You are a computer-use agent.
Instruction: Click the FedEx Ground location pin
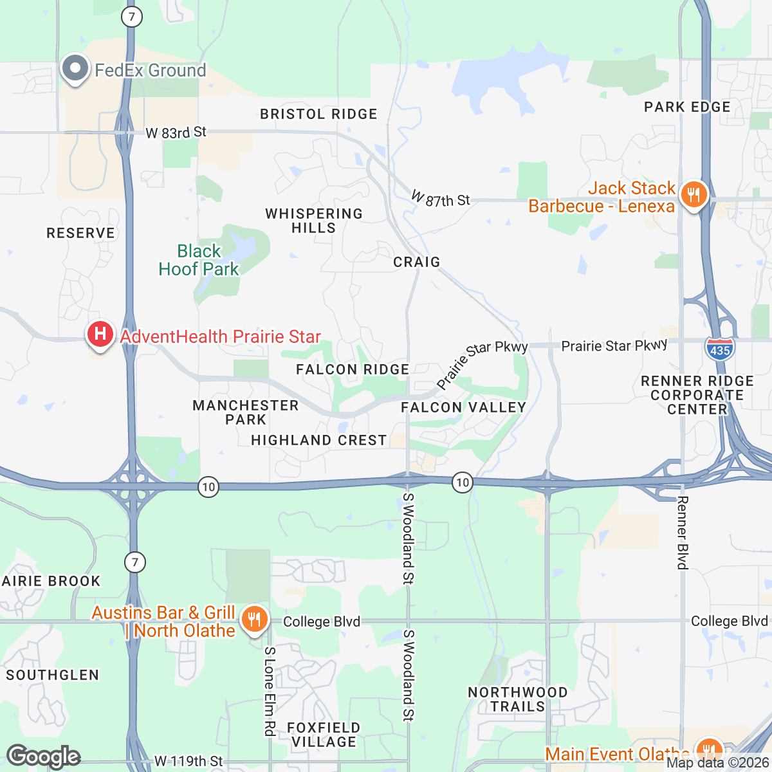[x=75, y=69]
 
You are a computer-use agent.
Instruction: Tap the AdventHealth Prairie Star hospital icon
[x=100, y=335]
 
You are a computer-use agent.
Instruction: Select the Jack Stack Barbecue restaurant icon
[x=694, y=194]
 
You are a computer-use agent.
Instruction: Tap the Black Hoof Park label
[x=199, y=260]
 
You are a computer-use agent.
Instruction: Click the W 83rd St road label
[x=176, y=133]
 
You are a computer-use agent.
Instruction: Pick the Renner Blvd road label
[x=683, y=533]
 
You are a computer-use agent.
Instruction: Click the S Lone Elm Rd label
[x=270, y=691]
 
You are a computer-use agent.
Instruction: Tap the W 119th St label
[x=188, y=762]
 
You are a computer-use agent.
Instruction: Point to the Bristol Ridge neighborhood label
[x=318, y=114]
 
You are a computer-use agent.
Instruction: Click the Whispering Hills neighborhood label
[x=314, y=221]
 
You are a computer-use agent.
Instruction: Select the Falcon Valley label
[x=463, y=407]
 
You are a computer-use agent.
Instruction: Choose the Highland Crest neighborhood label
[x=319, y=440]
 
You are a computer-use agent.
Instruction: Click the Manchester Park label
[x=246, y=412]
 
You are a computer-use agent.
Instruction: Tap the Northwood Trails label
[x=518, y=699]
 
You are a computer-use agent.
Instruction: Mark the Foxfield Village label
[x=324, y=735]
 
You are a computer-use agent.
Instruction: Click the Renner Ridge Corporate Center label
[x=697, y=395]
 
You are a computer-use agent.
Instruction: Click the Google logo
[x=43, y=757]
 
